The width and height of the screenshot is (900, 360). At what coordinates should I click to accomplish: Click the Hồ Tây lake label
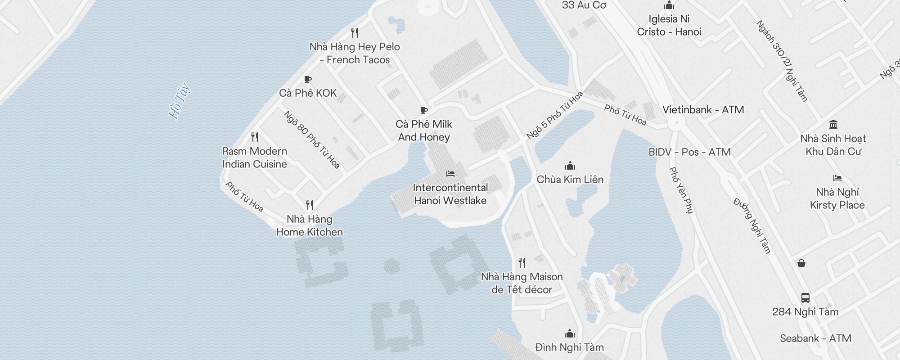(179, 101)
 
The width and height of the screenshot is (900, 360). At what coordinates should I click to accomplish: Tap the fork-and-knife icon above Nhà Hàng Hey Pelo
(355, 33)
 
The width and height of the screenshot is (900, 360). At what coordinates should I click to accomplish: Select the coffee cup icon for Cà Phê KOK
(308, 80)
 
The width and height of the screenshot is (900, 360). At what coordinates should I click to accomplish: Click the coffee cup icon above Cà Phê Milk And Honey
(423, 110)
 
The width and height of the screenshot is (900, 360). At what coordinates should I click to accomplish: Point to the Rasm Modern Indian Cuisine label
(255, 157)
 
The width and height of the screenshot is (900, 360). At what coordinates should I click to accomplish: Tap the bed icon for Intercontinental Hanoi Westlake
(450, 174)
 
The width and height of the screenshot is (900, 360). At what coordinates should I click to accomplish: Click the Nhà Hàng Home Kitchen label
(310, 225)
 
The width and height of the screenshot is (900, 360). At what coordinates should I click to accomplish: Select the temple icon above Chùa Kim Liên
(570, 166)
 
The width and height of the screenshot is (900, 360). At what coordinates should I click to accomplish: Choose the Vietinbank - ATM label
(703, 110)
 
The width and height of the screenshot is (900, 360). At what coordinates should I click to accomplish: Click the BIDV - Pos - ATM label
(689, 152)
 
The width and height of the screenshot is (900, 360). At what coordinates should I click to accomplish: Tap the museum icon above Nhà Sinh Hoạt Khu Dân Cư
(833, 125)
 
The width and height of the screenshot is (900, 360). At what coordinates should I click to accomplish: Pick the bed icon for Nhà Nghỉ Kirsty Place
(837, 178)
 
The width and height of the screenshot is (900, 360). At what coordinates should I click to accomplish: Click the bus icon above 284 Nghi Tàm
(805, 298)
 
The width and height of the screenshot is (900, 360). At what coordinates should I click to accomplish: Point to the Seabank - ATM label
(815, 338)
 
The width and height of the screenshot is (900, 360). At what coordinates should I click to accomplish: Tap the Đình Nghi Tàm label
(569, 347)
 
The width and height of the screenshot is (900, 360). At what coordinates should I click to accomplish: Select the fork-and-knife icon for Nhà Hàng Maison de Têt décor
(522, 262)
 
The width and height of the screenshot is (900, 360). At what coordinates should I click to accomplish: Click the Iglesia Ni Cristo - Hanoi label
(669, 25)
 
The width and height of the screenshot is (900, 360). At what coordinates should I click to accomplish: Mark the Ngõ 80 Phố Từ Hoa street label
(311, 140)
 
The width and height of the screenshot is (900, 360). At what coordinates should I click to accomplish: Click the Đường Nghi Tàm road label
(752, 225)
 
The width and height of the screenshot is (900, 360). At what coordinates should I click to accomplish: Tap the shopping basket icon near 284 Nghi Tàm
(801, 263)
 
